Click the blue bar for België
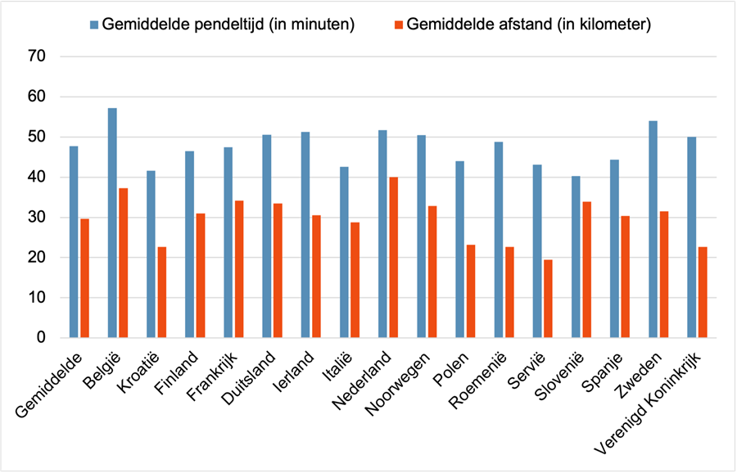(112, 223)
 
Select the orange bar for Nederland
(393, 258)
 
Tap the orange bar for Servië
(548, 299)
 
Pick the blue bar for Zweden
(653, 229)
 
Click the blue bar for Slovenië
(576, 257)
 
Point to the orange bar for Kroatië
(161, 292)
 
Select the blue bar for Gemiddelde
(74, 242)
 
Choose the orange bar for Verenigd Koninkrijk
(703, 292)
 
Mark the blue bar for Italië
(344, 252)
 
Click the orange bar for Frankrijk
(239, 269)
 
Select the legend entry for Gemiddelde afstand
(522, 24)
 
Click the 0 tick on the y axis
(41, 338)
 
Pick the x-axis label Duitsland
(248, 378)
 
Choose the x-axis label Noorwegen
(398, 384)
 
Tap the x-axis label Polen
(450, 369)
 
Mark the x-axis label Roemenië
(478, 381)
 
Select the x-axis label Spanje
(602, 372)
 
